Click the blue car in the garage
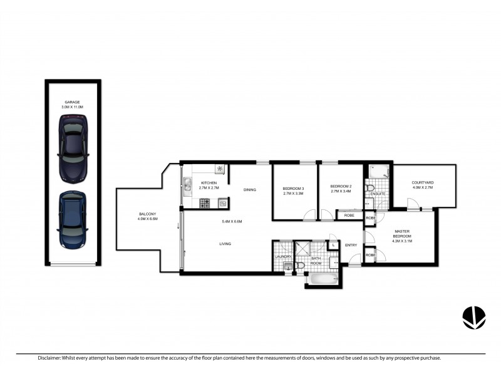(x=72, y=219)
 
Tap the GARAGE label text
(x=73, y=102)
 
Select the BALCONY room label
(x=147, y=214)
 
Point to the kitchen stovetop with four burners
(x=204, y=203)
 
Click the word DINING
(x=250, y=190)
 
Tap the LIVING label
(x=226, y=244)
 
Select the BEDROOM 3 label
(x=293, y=189)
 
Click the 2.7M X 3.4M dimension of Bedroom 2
(x=341, y=194)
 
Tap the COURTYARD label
(x=423, y=182)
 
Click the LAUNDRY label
(x=282, y=256)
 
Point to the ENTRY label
(x=350, y=244)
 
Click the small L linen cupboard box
(x=333, y=245)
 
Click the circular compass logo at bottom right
(x=474, y=317)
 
